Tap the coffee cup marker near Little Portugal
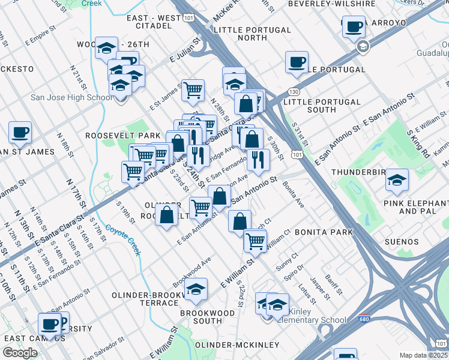click(297, 62)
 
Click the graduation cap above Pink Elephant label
click(396, 179)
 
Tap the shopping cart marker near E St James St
click(193, 91)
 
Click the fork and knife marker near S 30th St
click(258, 159)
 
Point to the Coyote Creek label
click(124, 239)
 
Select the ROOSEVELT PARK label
click(124, 136)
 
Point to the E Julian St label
click(184, 58)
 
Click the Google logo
click(20, 352)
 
